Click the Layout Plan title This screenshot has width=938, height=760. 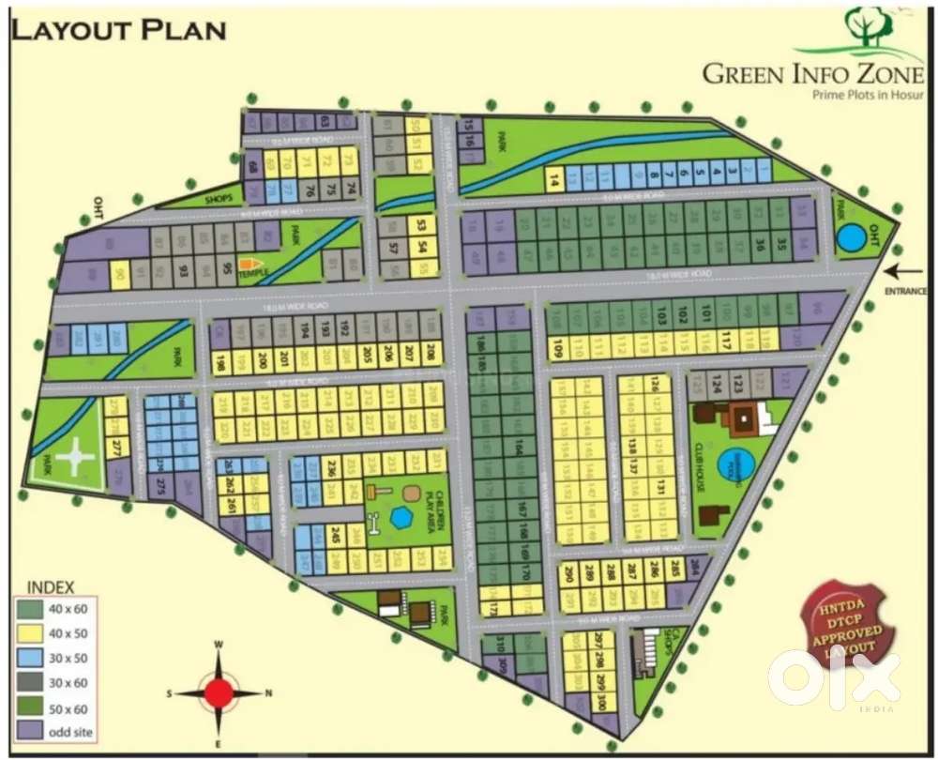coord(118,29)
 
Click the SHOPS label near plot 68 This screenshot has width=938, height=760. coord(219,198)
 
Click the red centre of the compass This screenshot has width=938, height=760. coord(219,693)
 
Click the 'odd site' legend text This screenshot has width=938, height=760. coord(70,731)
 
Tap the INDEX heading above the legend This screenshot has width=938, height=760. coord(52,587)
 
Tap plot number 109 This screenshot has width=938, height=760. coord(557,352)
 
